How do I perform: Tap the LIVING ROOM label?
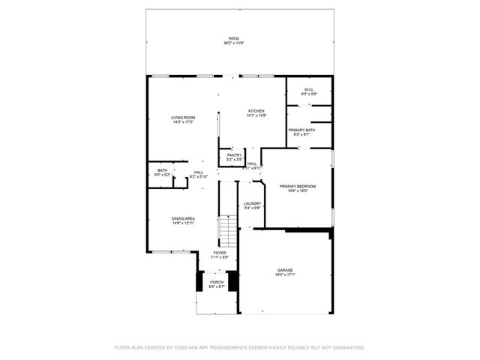click(x=183, y=117)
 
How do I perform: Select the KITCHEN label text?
click(x=256, y=111)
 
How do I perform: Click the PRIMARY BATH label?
click(x=301, y=130)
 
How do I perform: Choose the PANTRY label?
click(x=235, y=155)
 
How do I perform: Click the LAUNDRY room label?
click(x=252, y=203)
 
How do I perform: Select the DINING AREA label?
click(x=183, y=218)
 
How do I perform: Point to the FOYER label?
click(x=219, y=253)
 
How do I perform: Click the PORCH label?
click(x=217, y=282)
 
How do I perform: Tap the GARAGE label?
click(x=285, y=270)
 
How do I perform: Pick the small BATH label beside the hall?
click(x=162, y=170)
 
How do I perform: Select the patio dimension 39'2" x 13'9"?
click(x=235, y=43)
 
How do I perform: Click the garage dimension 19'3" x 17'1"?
click(x=285, y=275)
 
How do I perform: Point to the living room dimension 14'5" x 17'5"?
click(x=183, y=122)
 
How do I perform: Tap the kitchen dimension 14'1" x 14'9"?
click(x=256, y=116)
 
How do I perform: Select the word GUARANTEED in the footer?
click(x=347, y=347)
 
